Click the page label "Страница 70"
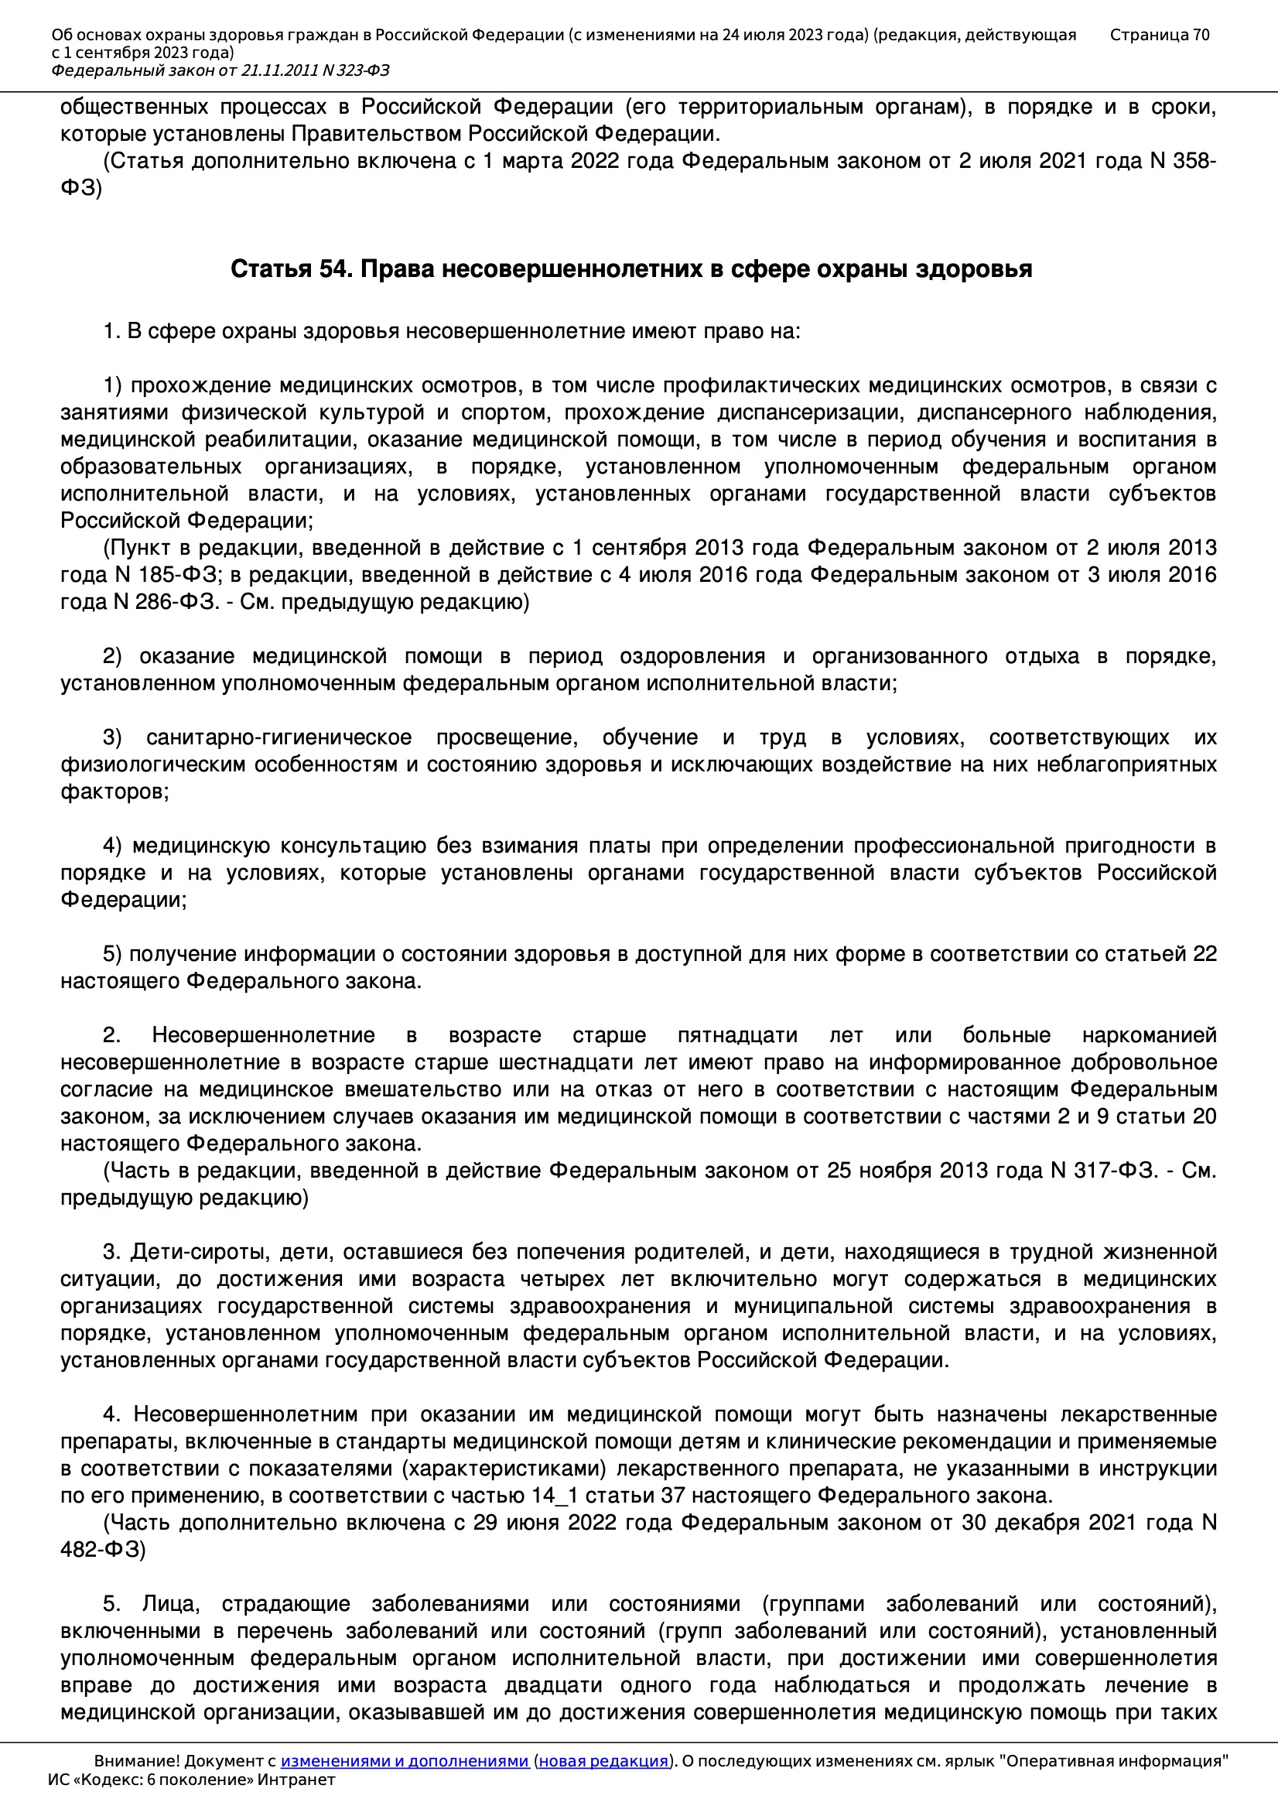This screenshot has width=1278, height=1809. tap(1159, 35)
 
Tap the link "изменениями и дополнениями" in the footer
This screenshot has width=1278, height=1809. tap(404, 1761)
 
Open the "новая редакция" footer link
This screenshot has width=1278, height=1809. tap(603, 1761)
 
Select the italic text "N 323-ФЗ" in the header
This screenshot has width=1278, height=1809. tap(355, 71)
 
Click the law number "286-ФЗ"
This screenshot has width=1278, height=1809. tap(178, 602)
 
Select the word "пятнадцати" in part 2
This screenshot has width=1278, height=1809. tap(737, 1035)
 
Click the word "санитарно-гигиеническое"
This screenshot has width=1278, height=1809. tap(279, 737)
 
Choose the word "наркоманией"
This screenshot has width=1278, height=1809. tap(1149, 1035)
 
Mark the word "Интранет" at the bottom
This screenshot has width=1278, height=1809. tap(302, 1780)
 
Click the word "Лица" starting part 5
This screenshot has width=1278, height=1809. tap(171, 1603)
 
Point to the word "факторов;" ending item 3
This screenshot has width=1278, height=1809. tap(114, 792)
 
